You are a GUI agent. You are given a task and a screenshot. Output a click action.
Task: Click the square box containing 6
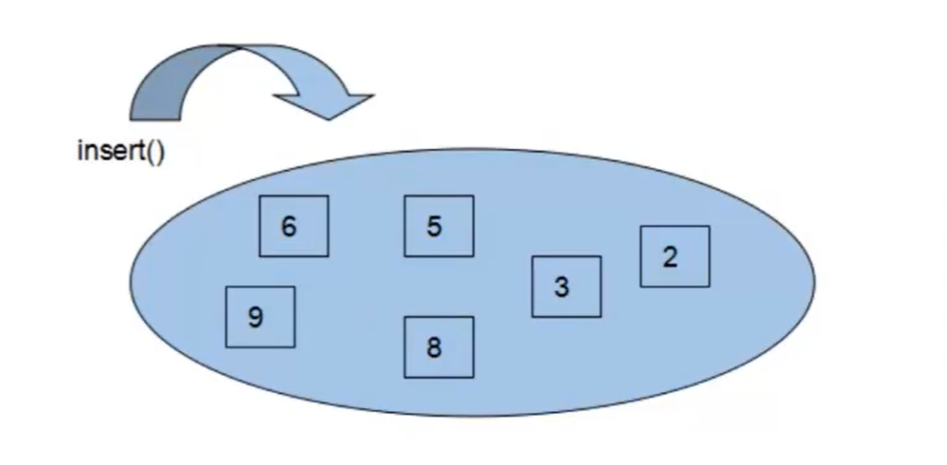click(294, 226)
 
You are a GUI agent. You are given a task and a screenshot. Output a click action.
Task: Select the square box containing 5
click(439, 226)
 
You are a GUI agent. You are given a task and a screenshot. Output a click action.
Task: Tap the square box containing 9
click(260, 317)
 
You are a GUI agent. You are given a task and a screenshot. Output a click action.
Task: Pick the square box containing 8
click(439, 347)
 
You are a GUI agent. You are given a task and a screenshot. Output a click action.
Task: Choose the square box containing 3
click(566, 286)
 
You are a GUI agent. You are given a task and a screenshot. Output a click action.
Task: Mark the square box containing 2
click(674, 256)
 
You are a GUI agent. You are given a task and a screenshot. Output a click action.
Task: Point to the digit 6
click(288, 227)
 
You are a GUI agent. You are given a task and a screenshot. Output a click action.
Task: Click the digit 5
click(434, 227)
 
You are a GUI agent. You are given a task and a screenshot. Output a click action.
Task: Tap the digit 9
click(255, 317)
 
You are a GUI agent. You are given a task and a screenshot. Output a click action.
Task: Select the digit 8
click(434, 348)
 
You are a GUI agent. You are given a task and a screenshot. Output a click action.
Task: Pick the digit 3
click(561, 287)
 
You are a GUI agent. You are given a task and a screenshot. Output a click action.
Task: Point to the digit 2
click(670, 257)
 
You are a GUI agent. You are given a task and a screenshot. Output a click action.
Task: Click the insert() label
click(120, 152)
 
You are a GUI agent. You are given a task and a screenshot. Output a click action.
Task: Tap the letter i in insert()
click(79, 152)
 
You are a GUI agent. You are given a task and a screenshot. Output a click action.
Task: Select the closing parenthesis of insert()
click(160, 153)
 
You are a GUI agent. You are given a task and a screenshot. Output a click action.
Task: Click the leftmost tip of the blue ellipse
click(133, 280)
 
